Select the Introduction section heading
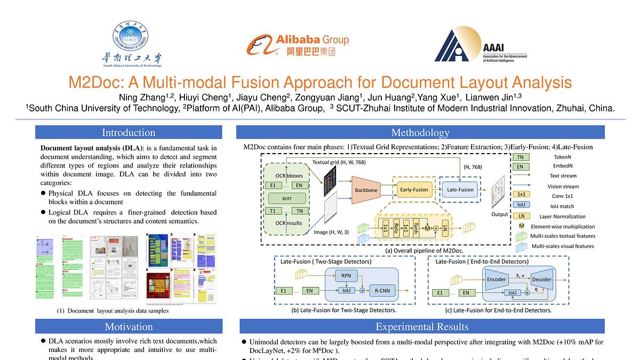(x=129, y=132)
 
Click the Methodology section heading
(x=420, y=132)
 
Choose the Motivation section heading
(x=129, y=326)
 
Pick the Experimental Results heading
(x=422, y=326)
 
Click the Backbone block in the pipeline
(x=366, y=190)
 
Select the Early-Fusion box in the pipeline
(x=413, y=189)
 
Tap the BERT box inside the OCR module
(x=287, y=198)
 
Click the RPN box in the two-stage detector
(x=346, y=276)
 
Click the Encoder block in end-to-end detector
(x=496, y=279)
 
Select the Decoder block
(x=542, y=279)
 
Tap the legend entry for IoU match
(x=521, y=205)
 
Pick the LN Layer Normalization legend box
(x=521, y=216)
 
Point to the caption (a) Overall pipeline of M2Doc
(x=425, y=250)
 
